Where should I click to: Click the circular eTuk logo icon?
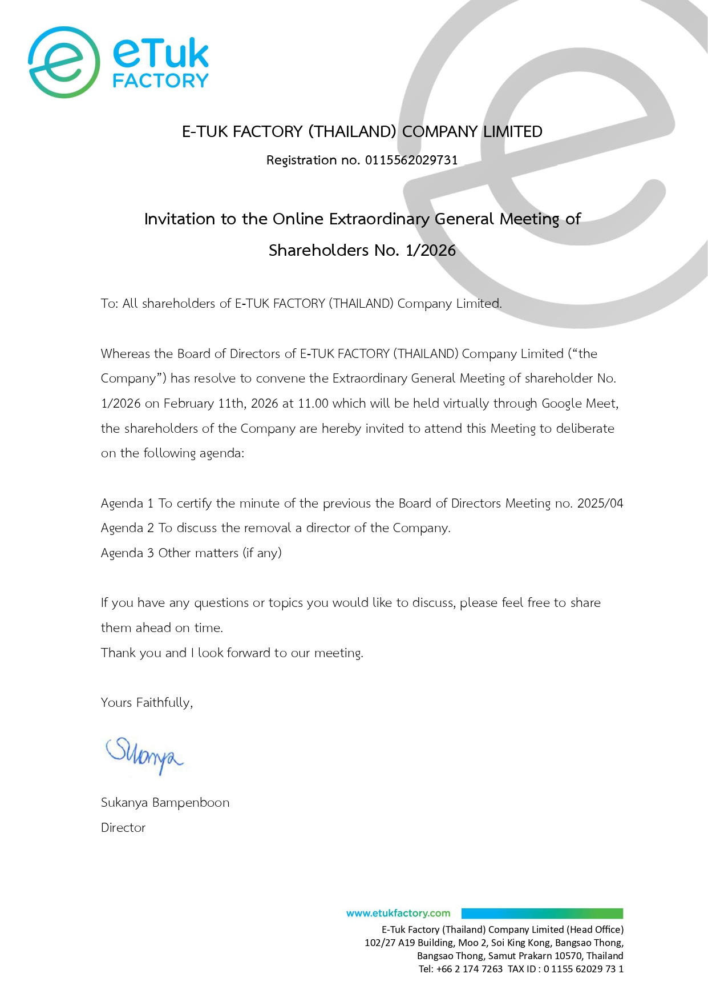point(64,62)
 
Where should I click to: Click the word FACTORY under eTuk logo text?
point(161,81)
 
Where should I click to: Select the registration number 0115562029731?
point(411,160)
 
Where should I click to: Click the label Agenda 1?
point(127,504)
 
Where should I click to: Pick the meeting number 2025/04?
point(600,504)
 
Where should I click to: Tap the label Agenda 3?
point(127,553)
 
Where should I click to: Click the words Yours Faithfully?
point(147,703)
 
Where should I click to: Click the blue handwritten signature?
point(144,755)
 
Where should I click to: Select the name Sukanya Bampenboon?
point(165,803)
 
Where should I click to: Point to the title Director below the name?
point(123,828)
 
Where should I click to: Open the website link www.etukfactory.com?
point(398,914)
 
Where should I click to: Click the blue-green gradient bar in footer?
point(542,914)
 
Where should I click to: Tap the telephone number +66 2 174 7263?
point(470,969)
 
